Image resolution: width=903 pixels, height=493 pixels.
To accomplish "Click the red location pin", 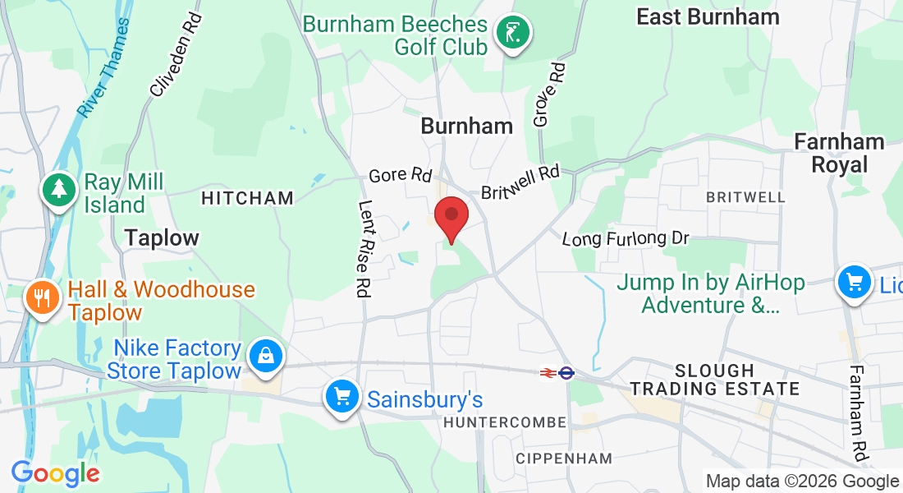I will (451, 217).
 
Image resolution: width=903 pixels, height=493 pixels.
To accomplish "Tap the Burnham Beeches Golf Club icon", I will (513, 34).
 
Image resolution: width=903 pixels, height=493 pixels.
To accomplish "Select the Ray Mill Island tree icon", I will (59, 191).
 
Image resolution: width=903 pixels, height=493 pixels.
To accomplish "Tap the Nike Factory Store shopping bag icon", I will (266, 357).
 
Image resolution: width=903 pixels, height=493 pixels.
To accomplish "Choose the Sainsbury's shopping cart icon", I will (341, 398).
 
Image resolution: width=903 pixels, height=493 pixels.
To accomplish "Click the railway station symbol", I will (556, 373).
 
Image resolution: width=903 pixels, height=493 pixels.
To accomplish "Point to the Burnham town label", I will (466, 126).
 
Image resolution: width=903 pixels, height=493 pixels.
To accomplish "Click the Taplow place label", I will (162, 238).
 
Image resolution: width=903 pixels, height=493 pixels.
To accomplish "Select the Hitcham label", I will (247, 198).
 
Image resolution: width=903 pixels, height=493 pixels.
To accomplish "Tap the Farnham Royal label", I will (839, 154).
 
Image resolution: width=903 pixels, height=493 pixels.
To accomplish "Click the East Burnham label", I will (708, 16).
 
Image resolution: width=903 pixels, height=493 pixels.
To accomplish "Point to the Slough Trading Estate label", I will (713, 380).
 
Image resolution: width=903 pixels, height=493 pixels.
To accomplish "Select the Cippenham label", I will (564, 458).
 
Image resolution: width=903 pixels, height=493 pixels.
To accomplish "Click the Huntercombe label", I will (505, 422).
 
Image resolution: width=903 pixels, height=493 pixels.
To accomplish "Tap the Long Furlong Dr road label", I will (625, 238).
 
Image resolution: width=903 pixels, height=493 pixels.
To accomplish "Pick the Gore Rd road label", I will (401, 175).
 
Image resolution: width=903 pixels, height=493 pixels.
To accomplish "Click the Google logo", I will (55, 473).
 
